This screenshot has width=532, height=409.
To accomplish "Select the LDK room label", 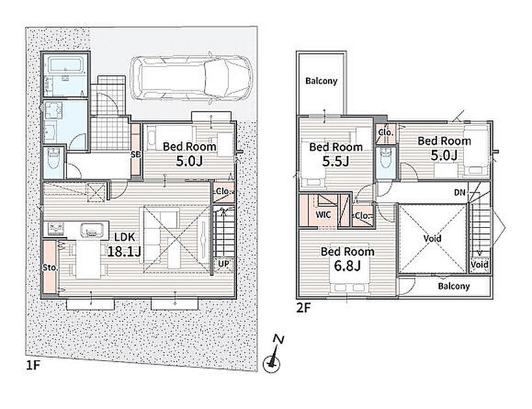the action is (x=125, y=237).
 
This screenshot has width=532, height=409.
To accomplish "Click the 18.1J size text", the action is (x=124, y=251).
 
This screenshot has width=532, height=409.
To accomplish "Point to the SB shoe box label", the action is (x=136, y=155).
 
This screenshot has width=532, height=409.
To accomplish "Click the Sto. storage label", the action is (x=50, y=267).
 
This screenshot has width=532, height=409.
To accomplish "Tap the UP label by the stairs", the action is (x=223, y=264).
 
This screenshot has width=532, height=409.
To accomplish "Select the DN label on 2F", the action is (x=460, y=193).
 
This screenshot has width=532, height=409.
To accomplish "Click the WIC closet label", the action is (x=323, y=215).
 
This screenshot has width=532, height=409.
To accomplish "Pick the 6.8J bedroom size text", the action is (x=348, y=266).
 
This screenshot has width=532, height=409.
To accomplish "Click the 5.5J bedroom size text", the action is (x=336, y=162).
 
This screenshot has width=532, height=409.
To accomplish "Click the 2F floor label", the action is (x=303, y=308).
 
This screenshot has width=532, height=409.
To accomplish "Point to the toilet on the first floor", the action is (x=54, y=160).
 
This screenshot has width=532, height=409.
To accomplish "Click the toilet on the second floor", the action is (x=386, y=158).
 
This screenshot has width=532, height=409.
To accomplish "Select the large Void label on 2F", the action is (x=432, y=238).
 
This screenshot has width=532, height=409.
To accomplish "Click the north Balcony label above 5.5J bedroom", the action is (x=322, y=81).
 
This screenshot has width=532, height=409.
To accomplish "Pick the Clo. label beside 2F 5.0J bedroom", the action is (x=386, y=132).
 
